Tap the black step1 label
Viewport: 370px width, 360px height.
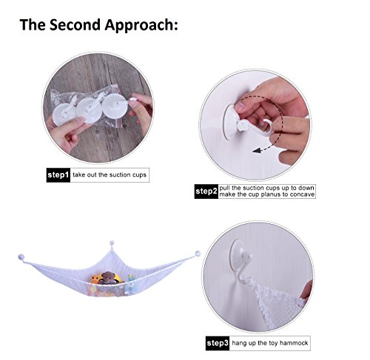58,175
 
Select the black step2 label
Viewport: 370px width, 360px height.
206,191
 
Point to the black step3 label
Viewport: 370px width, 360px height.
218,343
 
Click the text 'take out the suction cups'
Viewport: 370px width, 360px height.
110,174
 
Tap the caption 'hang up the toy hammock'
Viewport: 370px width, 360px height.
270,343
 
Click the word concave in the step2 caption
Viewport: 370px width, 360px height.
302,194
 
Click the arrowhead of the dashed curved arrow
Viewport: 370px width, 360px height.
257,150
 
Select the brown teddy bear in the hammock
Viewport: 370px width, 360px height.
108,278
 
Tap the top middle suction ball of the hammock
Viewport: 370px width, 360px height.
112,243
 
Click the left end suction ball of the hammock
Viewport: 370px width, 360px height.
21,257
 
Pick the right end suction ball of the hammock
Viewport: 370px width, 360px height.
198,254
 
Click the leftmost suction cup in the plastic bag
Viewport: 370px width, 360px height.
64,115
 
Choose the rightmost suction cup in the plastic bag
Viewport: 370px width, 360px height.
115,106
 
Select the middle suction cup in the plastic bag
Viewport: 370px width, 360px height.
89,110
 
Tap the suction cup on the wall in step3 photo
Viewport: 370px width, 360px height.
237,256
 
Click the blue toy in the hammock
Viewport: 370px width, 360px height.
129,286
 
